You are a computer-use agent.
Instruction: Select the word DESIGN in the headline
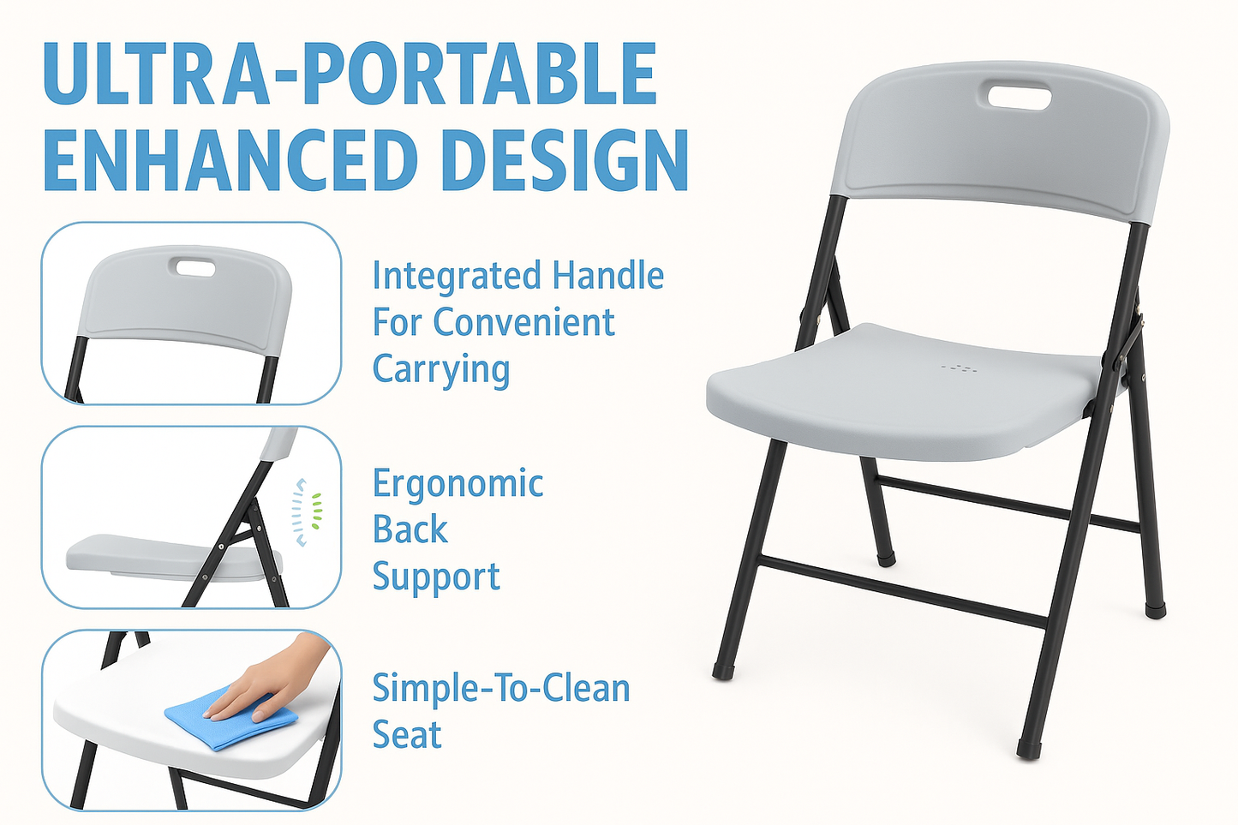point(565,160)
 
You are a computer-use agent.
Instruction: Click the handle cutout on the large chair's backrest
point(1020,96)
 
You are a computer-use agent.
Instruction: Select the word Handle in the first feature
point(607,276)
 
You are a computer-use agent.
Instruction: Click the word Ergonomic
point(458,485)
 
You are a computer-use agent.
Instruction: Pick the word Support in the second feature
point(435,578)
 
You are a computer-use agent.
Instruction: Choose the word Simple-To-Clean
point(501,688)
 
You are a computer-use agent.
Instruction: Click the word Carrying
point(441,370)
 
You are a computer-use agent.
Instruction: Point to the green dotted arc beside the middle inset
point(317,511)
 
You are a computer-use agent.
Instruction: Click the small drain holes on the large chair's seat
point(960,368)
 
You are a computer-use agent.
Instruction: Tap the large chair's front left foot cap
point(722,670)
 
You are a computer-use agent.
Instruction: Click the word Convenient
point(523,323)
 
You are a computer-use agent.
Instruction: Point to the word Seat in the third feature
point(407,735)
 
